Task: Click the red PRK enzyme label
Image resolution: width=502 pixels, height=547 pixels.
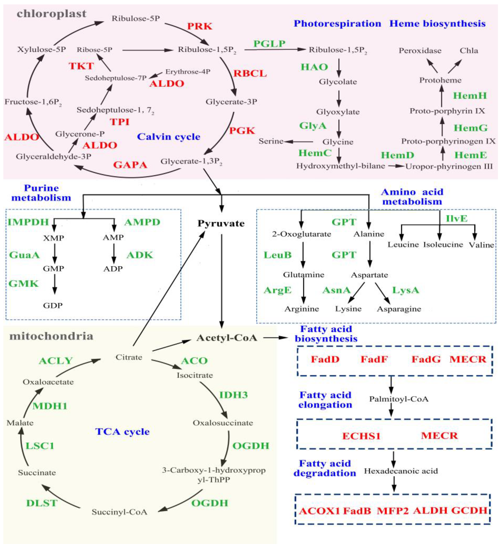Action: click(200, 26)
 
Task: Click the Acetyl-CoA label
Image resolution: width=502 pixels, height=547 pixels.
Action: click(227, 338)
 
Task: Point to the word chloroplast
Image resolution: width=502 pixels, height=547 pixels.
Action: click(51, 14)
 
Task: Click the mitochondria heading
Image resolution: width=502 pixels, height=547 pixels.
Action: click(51, 336)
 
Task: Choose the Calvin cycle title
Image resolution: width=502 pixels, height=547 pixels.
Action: click(168, 137)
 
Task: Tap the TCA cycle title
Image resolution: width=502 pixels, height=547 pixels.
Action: click(122, 432)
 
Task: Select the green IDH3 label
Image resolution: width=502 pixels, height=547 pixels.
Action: click(233, 395)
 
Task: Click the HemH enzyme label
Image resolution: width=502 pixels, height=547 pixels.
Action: click(470, 96)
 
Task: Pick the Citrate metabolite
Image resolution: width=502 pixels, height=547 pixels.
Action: click(129, 357)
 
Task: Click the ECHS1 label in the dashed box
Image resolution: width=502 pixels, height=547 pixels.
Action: click(361, 436)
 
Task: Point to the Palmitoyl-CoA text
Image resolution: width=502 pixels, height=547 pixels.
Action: click(399, 399)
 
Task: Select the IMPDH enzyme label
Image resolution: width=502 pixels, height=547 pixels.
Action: click(28, 222)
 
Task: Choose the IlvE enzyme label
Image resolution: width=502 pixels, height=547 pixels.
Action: click(457, 218)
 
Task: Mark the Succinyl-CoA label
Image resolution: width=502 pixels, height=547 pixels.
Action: click(119, 512)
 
